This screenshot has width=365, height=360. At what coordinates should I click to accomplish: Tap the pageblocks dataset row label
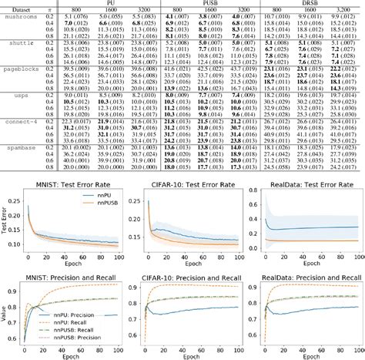tap(21, 69)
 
